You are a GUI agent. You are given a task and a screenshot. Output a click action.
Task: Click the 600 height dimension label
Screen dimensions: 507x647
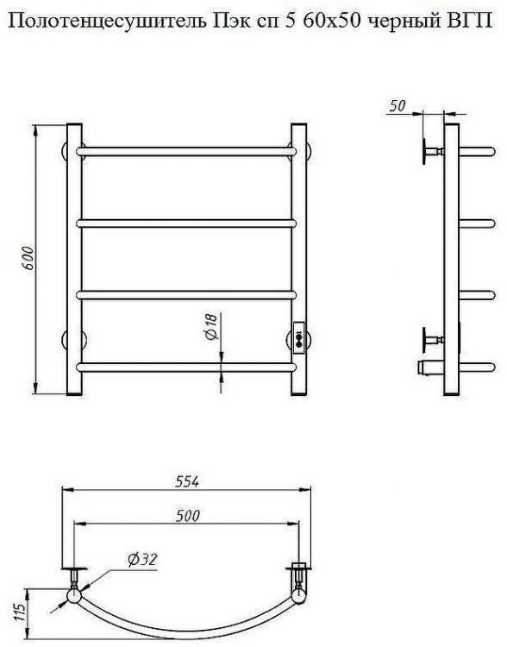pos(28,258)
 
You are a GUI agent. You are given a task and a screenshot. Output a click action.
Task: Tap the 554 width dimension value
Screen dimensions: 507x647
pos(187,481)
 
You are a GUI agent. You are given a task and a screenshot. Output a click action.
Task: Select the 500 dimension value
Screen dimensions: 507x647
pos(188,516)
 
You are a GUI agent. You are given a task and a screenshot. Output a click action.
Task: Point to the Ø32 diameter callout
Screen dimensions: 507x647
pos(143,560)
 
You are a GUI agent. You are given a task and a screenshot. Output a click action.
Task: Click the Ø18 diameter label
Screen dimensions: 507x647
pos(210,327)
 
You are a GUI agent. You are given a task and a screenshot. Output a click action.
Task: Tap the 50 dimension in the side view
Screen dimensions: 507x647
pos(397,106)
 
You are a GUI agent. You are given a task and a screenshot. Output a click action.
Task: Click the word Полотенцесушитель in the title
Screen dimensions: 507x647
pos(107,20)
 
